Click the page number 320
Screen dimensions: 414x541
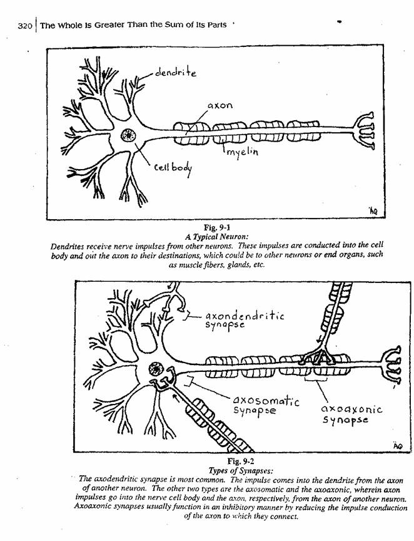click(25, 26)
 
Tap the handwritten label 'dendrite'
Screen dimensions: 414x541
click(176, 72)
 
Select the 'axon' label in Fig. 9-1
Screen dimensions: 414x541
click(220, 105)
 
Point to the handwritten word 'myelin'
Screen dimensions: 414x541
click(243, 152)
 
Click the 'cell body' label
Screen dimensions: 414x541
click(173, 168)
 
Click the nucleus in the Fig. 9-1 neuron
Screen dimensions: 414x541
click(128, 135)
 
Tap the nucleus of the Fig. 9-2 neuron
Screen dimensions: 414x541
click(156, 369)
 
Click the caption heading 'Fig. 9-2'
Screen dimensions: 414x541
click(241, 461)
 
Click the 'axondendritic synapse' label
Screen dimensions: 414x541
click(245, 320)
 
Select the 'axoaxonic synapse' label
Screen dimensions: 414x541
click(352, 415)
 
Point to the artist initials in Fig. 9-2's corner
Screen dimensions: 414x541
click(398, 445)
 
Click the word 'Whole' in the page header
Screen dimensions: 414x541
click(68, 26)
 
